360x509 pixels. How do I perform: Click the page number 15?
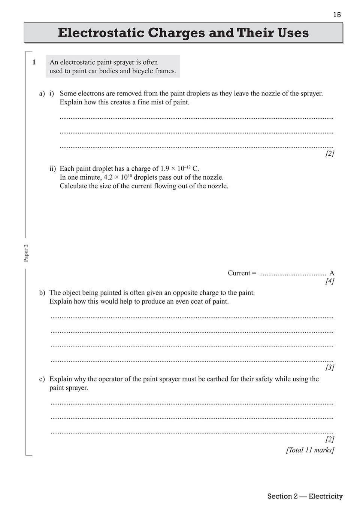[x=337, y=15]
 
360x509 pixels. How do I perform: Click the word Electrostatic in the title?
[x=101, y=33]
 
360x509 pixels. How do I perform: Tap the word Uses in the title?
[x=293, y=33]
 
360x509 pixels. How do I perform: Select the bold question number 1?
[x=34, y=63]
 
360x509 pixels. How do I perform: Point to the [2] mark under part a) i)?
[x=330, y=153]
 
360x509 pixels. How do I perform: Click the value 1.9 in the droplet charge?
[x=165, y=169]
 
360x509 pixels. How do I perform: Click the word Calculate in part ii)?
[x=73, y=186]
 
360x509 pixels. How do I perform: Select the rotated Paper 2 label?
[x=26, y=253]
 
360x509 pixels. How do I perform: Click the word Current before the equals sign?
[x=239, y=273]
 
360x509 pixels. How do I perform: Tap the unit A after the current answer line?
[x=332, y=273]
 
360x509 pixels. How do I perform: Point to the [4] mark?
[x=330, y=281]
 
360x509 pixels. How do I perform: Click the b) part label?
[x=42, y=293]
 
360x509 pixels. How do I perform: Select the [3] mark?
[x=330, y=368]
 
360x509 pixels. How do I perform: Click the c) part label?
[x=42, y=379]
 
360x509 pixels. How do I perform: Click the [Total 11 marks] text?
[x=310, y=450]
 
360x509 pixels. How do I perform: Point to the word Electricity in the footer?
[x=326, y=496]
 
